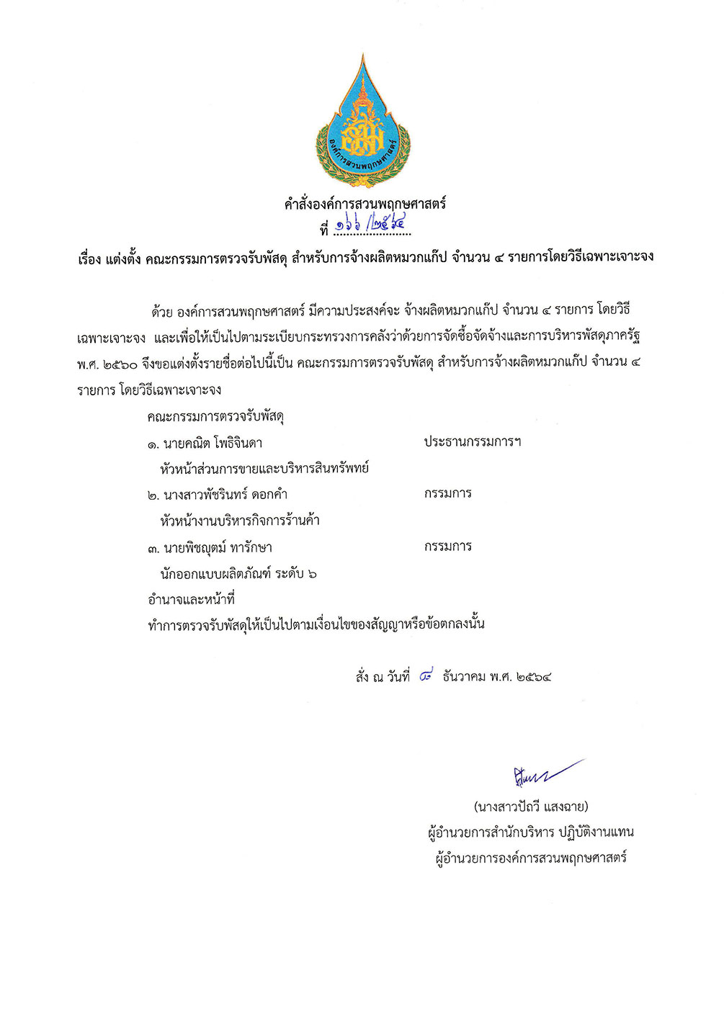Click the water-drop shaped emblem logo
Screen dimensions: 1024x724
[362, 122]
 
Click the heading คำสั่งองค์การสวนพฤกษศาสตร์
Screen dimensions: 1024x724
[365, 204]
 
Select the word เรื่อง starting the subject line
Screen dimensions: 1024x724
[89, 257]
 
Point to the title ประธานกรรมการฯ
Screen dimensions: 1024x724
[472, 441]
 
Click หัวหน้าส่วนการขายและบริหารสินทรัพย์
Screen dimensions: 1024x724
[264, 468]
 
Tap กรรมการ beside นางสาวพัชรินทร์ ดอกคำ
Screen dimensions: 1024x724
[447, 493]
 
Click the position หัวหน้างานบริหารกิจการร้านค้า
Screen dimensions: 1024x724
[240, 520]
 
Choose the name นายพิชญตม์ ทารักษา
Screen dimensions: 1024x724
[218, 548]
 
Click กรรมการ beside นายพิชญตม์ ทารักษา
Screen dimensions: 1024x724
[447, 547]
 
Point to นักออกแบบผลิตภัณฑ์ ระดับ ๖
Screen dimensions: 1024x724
[238, 573]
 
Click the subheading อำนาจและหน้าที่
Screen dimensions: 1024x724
[191, 599]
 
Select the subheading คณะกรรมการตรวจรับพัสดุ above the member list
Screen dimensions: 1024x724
[215, 416]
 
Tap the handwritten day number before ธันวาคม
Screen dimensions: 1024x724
[426, 676]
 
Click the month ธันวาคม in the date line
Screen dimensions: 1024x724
[465, 677]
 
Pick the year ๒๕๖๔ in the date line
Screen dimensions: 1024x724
[534, 677]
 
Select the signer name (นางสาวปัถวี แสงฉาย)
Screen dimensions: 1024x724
[531, 806]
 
